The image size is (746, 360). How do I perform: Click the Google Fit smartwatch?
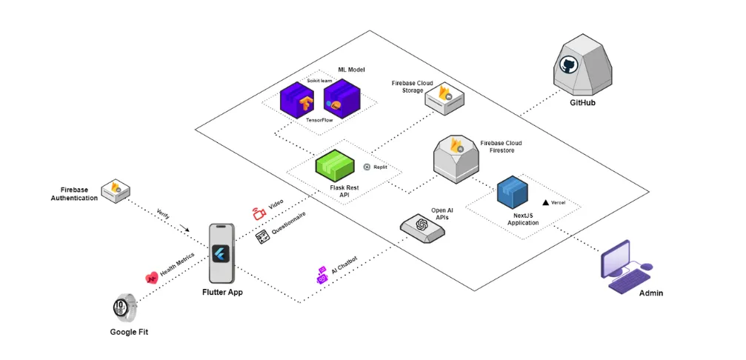coord(124,307)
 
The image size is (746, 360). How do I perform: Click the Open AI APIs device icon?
coord(423,225)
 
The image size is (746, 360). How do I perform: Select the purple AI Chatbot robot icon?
coord(322,275)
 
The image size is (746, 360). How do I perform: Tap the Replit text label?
coord(380,167)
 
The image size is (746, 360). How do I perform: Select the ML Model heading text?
coord(342,69)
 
